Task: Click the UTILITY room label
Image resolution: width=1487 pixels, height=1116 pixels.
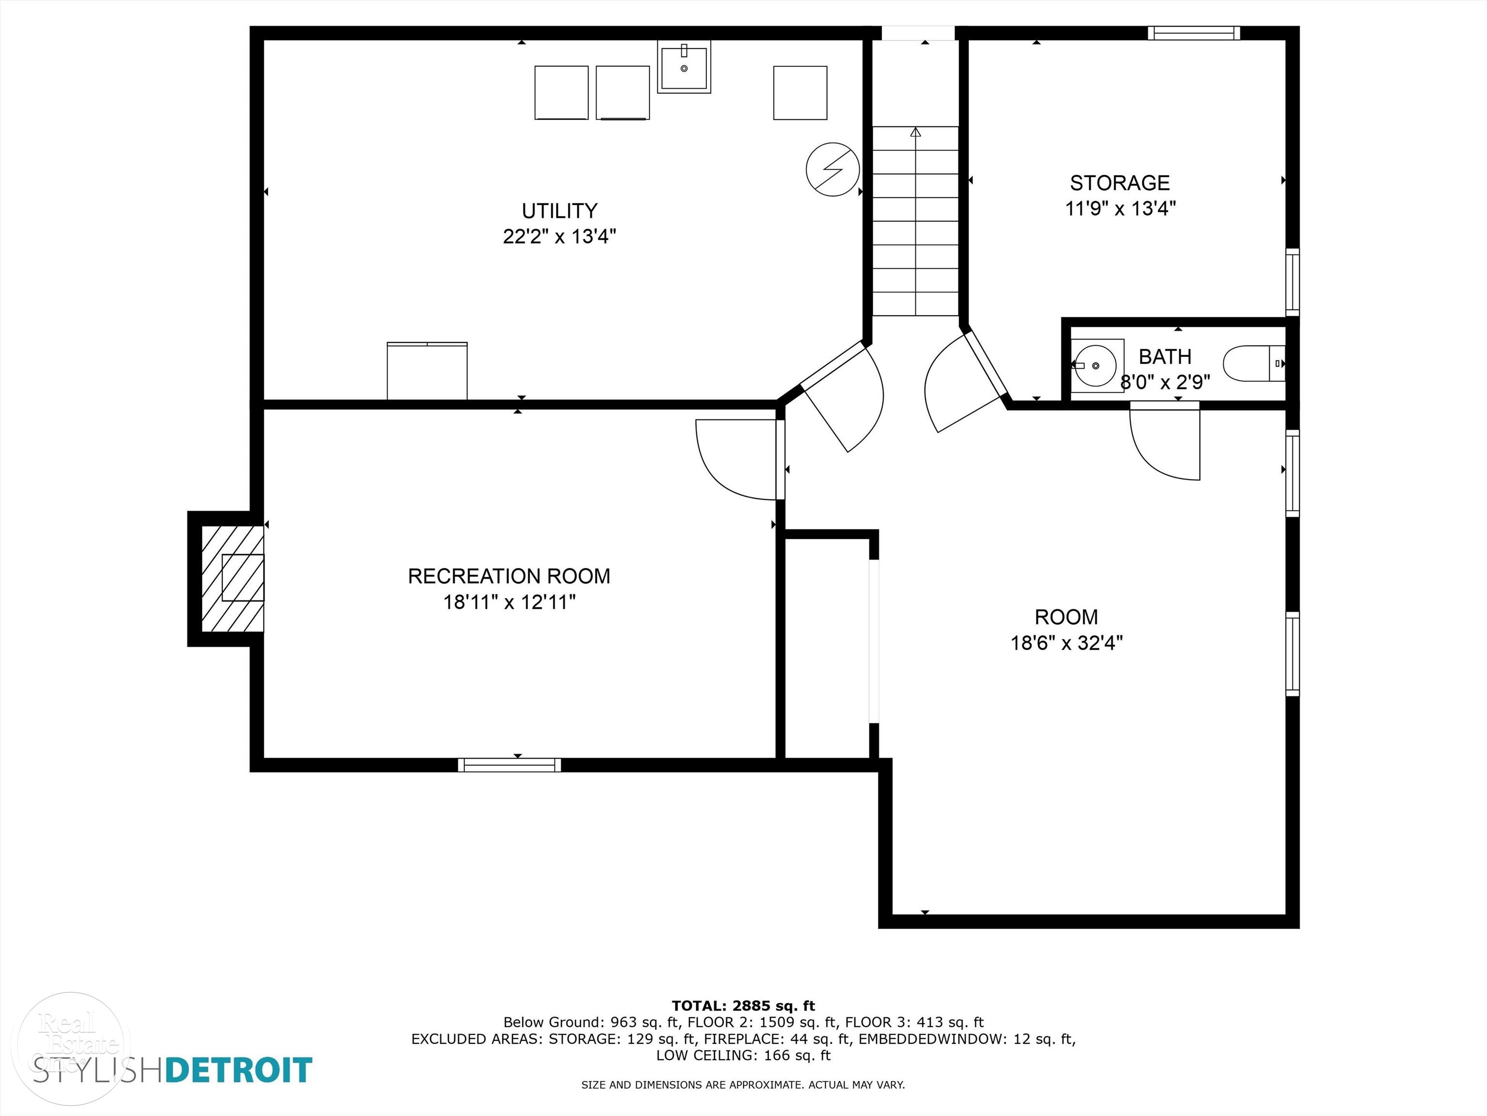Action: click(x=559, y=211)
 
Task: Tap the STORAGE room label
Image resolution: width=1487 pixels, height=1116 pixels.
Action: click(x=1120, y=183)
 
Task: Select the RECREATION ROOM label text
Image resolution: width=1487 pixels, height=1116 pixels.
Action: click(x=509, y=576)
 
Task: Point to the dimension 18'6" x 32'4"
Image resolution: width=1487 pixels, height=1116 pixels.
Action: click(x=1067, y=643)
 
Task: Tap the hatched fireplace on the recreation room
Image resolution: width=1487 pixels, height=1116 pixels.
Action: click(x=233, y=578)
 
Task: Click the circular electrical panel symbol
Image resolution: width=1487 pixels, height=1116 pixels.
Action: click(x=833, y=170)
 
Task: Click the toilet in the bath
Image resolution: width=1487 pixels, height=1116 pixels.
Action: click(x=1254, y=363)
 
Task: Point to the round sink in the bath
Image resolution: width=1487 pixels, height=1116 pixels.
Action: click(x=1096, y=365)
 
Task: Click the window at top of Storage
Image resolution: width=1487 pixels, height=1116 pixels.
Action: click(x=1194, y=33)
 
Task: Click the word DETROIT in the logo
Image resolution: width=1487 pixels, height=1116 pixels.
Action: click(x=239, y=1069)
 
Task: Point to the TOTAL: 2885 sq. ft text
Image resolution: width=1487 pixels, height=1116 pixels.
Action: click(x=743, y=1006)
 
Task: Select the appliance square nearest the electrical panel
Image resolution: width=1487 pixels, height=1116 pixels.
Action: click(x=800, y=93)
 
